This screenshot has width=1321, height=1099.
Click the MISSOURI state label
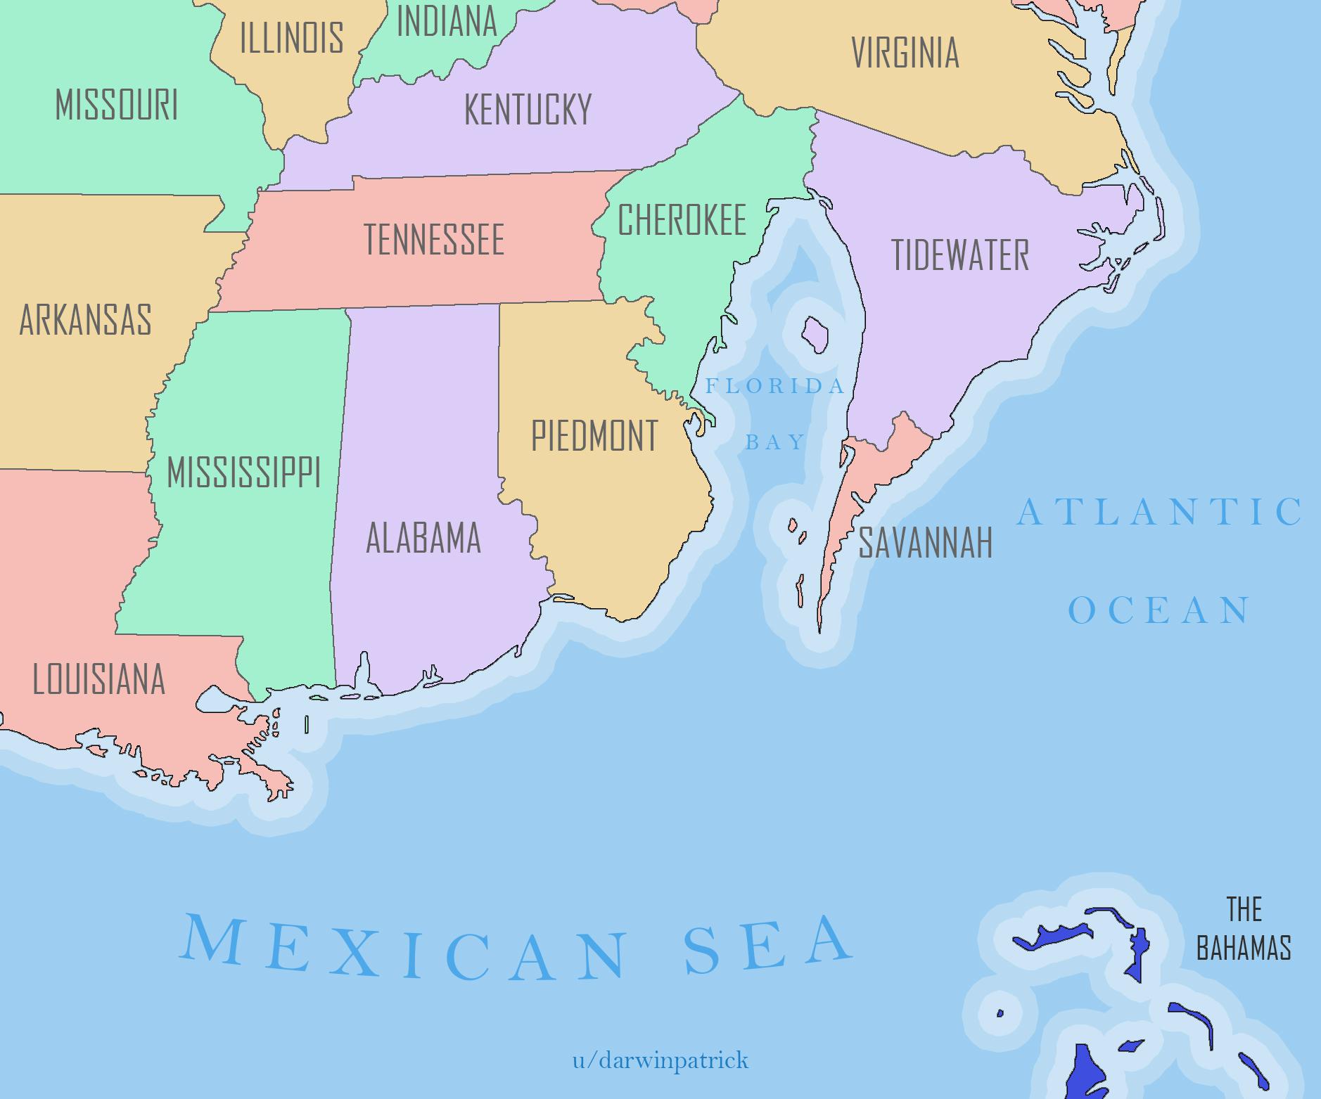(117, 105)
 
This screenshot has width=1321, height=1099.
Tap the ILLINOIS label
(292, 37)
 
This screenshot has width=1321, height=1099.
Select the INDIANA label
(447, 21)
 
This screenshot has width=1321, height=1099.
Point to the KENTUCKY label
(528, 110)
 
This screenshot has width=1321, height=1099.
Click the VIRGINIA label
(905, 53)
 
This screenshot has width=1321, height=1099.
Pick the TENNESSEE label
(434, 239)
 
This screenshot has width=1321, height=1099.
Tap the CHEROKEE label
(682, 219)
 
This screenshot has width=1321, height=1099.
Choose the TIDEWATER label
(960, 255)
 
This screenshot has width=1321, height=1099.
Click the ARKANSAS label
(85, 320)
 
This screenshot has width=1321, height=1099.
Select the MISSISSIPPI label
(243, 472)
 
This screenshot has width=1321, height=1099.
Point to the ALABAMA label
(423, 538)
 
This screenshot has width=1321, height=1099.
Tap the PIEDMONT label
(594, 436)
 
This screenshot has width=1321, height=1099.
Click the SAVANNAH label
(925, 542)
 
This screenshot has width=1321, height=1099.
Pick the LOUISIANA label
(99, 679)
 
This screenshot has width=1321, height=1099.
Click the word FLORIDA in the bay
(774, 386)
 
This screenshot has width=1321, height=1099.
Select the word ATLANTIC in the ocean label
(1159, 511)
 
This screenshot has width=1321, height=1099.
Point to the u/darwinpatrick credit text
(660, 1059)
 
